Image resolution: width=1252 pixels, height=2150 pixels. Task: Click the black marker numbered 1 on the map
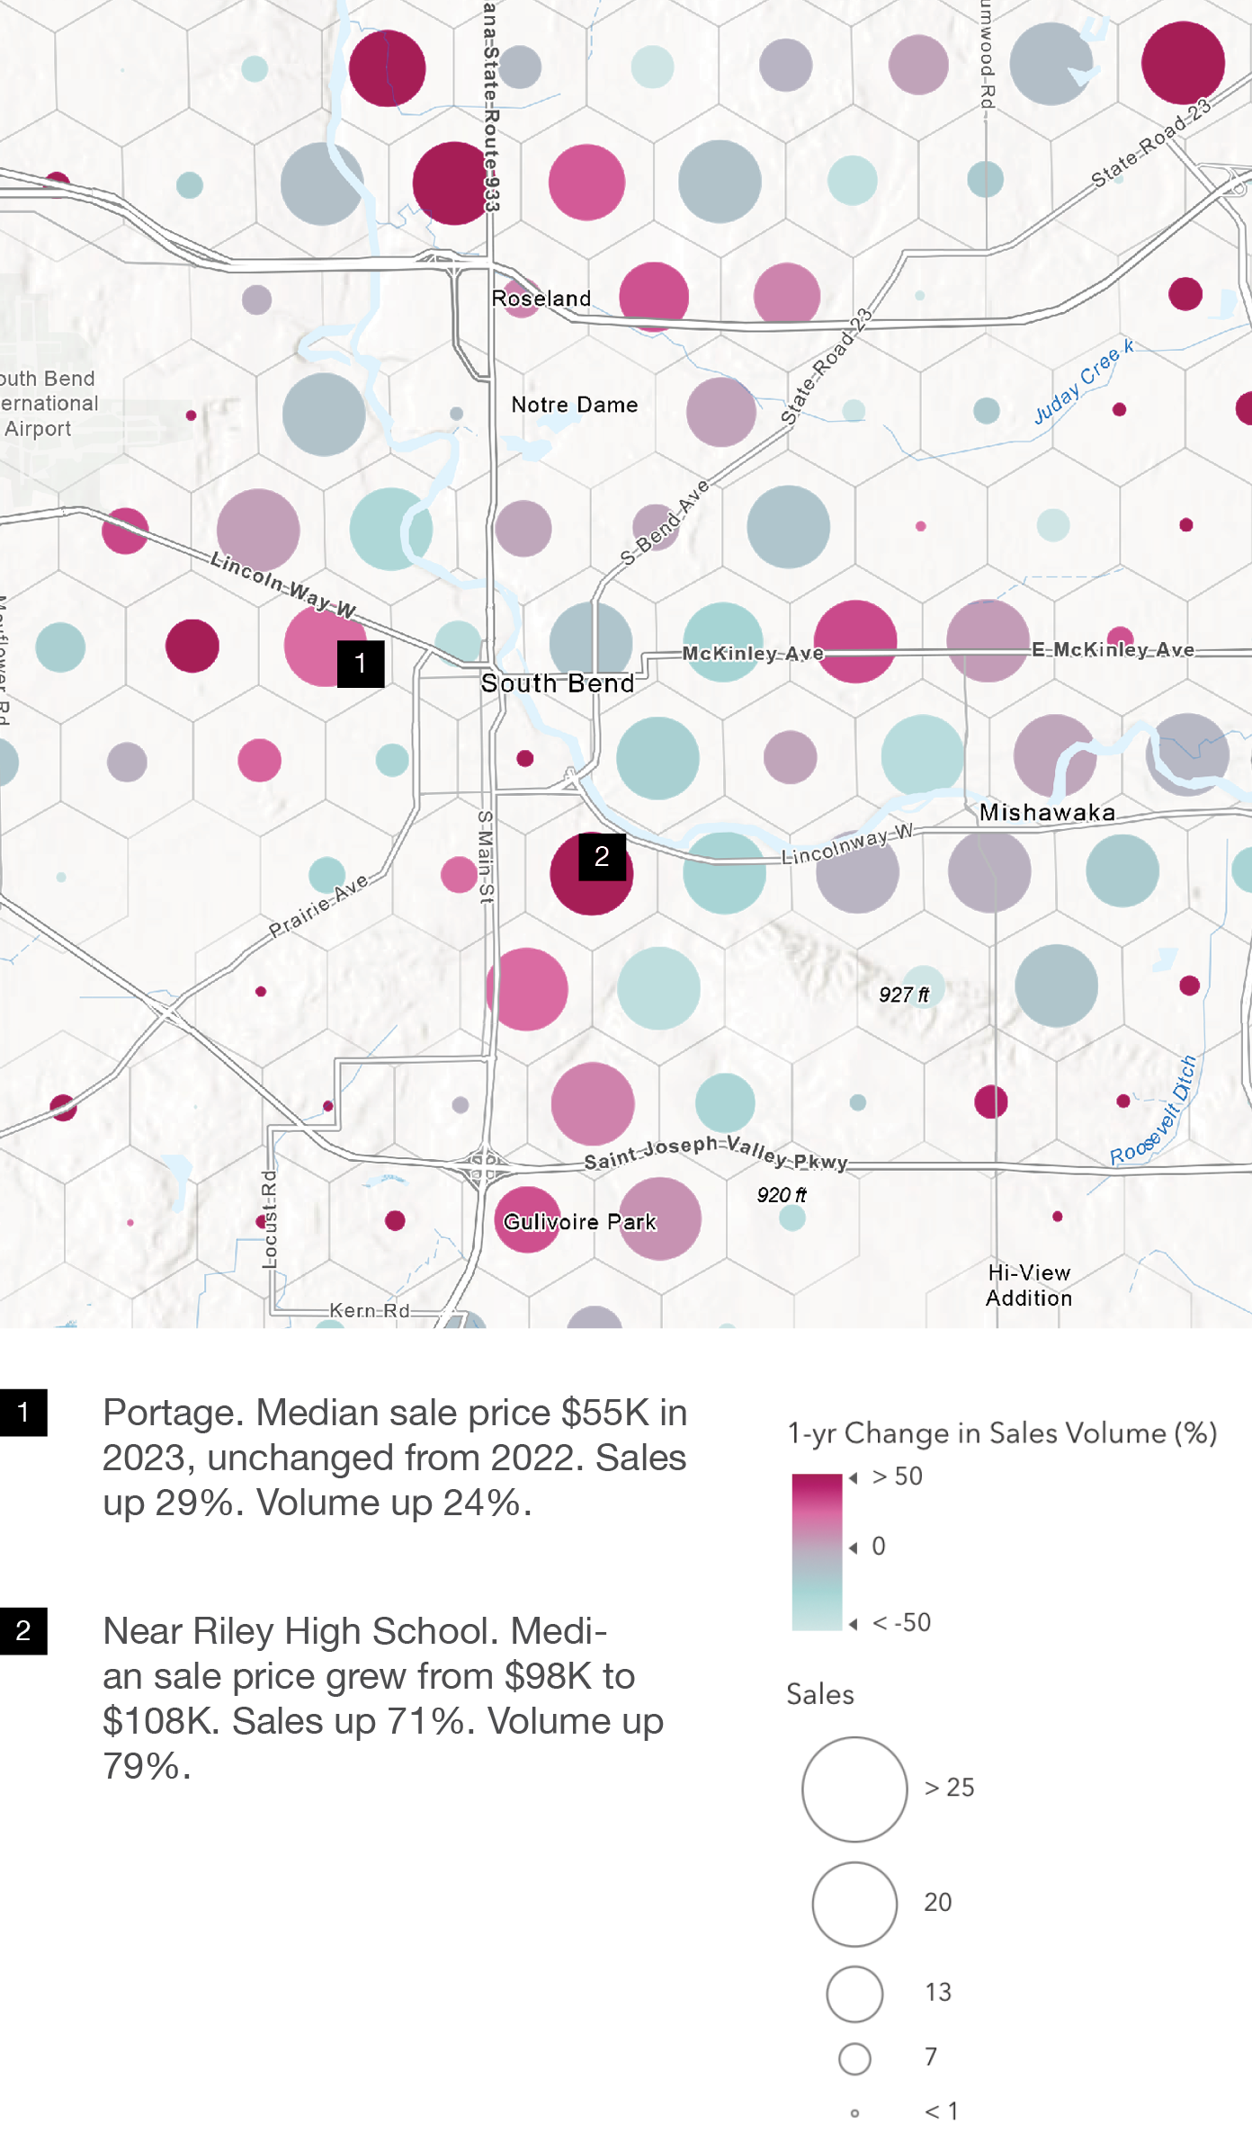coord(361,664)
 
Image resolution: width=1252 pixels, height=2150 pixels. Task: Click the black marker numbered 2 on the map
coord(602,856)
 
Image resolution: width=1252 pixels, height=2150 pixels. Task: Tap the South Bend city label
coord(558,683)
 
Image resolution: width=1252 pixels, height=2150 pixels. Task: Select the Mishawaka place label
coord(1047,813)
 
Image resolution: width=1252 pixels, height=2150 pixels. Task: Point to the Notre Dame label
coord(575,406)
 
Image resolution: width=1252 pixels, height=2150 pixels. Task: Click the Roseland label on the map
coord(541,299)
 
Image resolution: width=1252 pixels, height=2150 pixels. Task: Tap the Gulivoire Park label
coord(580,1222)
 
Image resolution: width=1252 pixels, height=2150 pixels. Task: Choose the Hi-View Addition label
coord(1029,1286)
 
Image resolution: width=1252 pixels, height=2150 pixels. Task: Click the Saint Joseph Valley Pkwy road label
coord(716,1153)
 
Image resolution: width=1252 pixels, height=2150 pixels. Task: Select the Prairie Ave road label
coord(319,905)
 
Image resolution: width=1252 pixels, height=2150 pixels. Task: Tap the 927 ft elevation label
coord(904,995)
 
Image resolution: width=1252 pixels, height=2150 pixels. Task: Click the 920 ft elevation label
coord(782,1195)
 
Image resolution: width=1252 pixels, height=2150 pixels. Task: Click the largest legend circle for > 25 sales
coord(854,1789)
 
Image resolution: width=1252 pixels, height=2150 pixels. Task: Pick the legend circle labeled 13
coord(854,1994)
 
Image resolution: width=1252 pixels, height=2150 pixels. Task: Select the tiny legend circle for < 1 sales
coord(854,2112)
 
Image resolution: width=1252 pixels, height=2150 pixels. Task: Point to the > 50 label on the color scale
coord(898,1476)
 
